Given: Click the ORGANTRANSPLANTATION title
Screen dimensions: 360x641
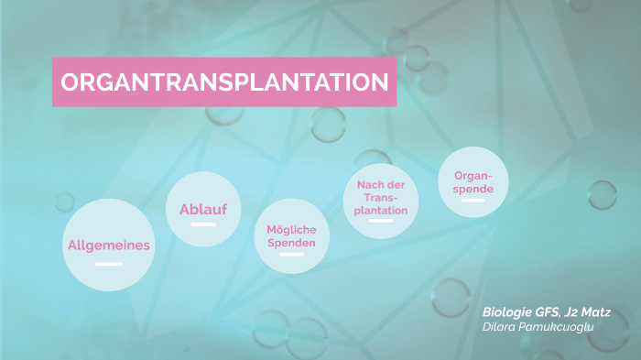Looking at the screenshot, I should [224, 82].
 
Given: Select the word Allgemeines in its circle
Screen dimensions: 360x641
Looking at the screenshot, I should [108, 245].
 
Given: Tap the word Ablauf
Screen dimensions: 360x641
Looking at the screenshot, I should [203, 210].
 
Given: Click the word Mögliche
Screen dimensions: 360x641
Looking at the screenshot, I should [291, 229].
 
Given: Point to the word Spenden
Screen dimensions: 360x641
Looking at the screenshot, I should [291, 243].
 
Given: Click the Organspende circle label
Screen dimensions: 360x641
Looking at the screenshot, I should [473, 182].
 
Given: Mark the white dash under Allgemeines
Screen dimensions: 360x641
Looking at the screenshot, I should [108, 264].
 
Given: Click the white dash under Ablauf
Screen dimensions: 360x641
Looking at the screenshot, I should [203, 224].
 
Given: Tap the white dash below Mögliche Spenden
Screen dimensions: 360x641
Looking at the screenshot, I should [291, 255].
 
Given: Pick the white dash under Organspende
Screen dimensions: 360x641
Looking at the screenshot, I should [473, 200].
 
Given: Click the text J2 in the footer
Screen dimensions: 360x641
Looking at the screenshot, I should [568, 312].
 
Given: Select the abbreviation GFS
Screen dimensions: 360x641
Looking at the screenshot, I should [546, 312].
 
